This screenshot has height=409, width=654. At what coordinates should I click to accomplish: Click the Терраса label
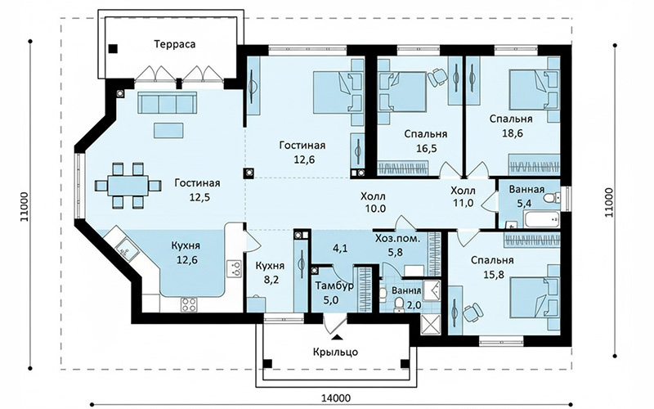pos(175,44)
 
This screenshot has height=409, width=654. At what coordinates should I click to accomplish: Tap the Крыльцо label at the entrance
pos(335,352)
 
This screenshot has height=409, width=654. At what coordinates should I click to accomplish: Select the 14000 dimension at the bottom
pos(336,398)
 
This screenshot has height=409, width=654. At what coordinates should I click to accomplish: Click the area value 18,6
pos(513,133)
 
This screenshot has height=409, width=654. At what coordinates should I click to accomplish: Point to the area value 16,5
pos(426,148)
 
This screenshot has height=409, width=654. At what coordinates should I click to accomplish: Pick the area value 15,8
pos(493,274)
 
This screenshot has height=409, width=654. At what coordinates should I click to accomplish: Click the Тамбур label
pos(334,285)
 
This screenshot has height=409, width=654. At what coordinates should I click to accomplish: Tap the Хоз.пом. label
pos(397,238)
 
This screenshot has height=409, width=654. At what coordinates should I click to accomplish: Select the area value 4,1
pos(340,249)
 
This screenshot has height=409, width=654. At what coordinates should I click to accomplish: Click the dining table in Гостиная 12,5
pos(128,186)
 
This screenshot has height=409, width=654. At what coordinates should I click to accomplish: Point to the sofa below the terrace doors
pos(168,103)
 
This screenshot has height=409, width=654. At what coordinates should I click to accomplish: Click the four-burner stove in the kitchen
pos(189,303)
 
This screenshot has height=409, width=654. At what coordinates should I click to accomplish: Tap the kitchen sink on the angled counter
pos(128,249)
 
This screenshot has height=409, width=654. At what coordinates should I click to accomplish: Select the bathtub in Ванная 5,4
pos(542,219)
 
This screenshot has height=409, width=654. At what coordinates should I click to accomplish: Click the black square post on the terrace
pos(113,49)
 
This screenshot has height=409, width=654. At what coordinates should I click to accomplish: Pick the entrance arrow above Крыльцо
pos(337,336)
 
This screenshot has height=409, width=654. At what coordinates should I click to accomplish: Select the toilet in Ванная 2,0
pos(399,304)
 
